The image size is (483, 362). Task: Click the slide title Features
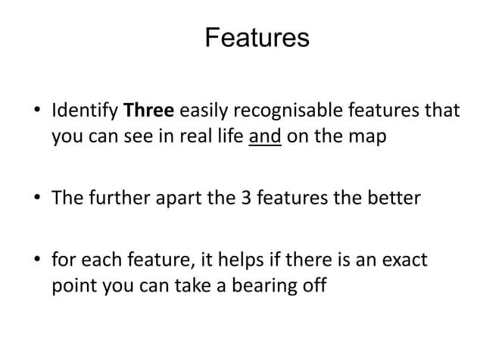point(257,37)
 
